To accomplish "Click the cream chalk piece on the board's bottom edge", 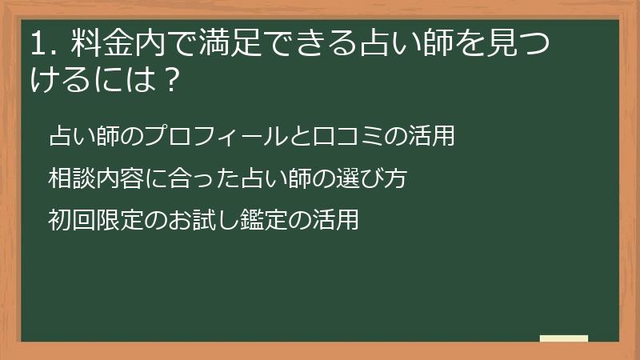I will [x=563, y=338].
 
